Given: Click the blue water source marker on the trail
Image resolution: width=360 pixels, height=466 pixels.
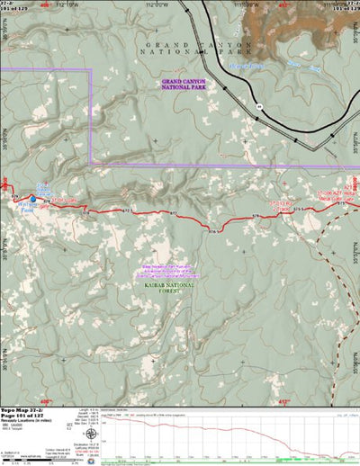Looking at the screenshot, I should coord(33,198).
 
